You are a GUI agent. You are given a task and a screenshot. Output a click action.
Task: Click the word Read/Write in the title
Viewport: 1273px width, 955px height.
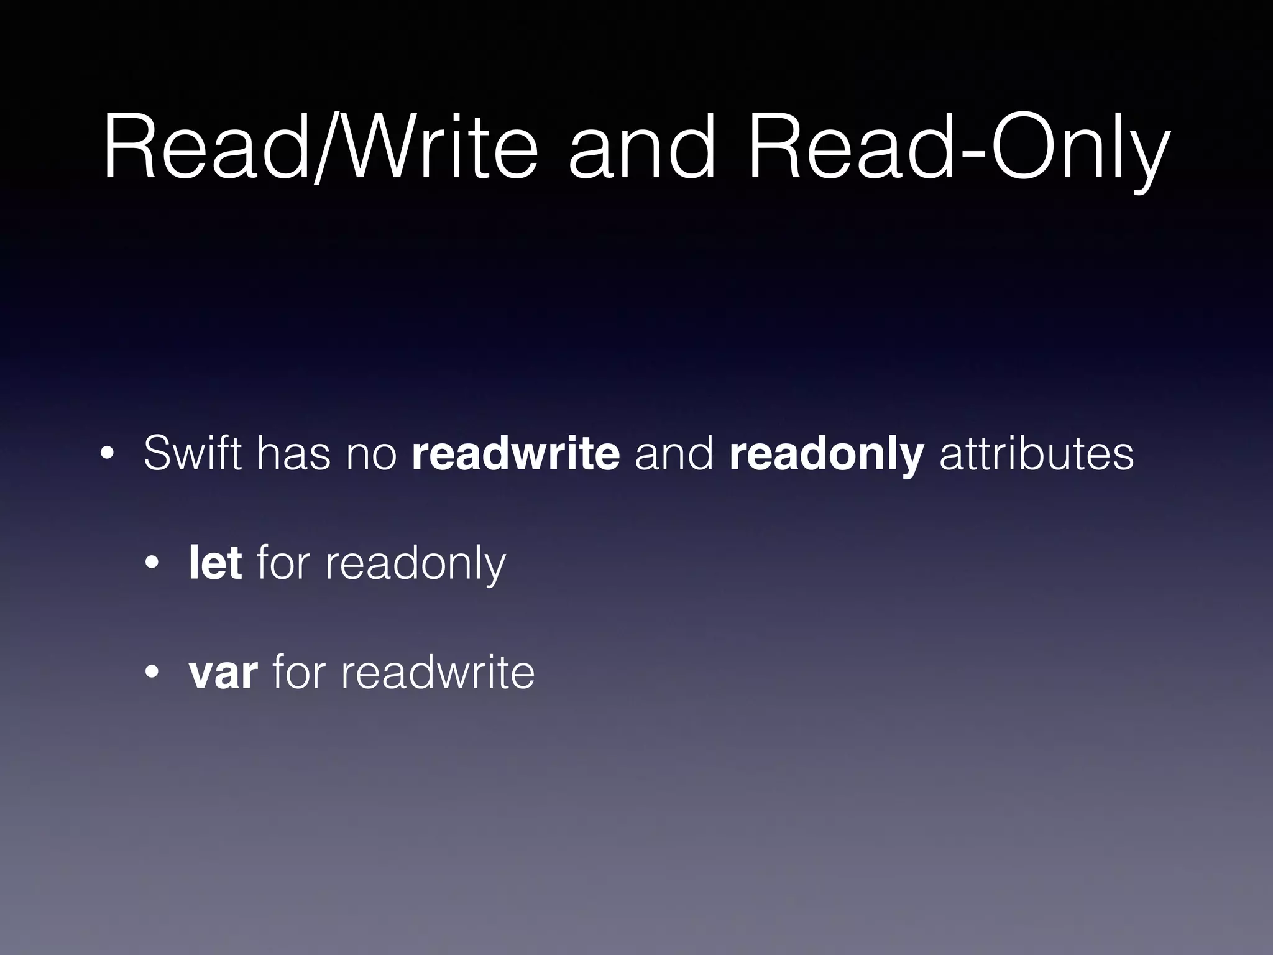[320, 147]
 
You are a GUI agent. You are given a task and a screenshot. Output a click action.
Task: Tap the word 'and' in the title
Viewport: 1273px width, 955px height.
[641, 147]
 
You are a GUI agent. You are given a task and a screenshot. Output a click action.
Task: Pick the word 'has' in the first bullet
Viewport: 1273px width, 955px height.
[293, 454]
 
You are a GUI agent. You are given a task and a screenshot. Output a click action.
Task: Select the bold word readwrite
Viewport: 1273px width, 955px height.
[515, 454]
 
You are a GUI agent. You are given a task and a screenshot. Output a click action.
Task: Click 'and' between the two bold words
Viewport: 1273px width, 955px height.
[674, 454]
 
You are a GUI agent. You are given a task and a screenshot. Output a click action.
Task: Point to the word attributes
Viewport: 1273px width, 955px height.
[1036, 454]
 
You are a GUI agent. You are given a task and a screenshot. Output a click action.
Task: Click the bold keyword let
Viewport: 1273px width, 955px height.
[215, 563]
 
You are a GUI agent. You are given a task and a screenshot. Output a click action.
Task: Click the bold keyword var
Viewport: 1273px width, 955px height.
[223, 673]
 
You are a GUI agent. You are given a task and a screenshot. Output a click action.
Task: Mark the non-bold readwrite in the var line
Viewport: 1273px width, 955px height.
[437, 672]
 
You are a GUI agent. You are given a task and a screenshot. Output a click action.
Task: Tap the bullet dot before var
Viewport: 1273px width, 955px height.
[152, 673]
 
